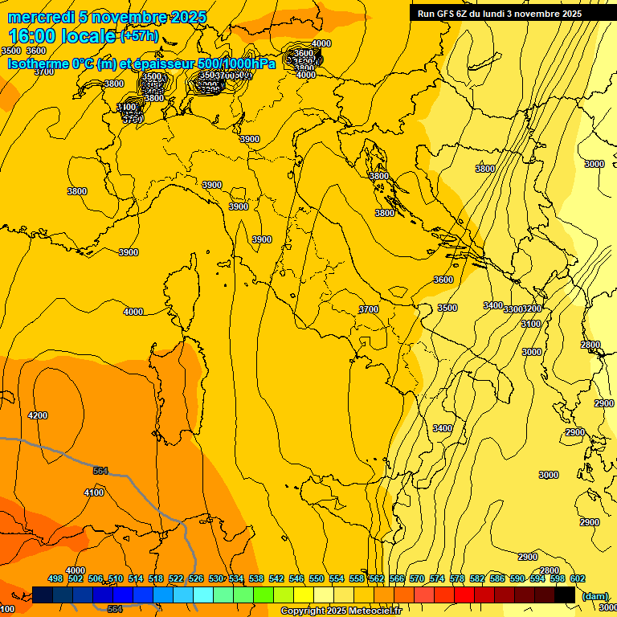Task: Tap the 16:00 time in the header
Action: [33, 36]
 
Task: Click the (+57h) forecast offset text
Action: [140, 36]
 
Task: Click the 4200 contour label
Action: [38, 415]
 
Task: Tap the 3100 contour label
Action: [531, 324]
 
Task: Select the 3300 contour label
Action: [513, 309]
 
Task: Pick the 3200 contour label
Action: [533, 309]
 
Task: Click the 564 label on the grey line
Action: [100, 471]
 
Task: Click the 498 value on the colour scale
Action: [55, 578]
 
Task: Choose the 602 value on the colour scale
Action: [578, 578]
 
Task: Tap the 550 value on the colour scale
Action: [317, 578]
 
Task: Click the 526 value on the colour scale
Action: [196, 578]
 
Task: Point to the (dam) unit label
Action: [595, 596]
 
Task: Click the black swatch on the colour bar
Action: [565, 595]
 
